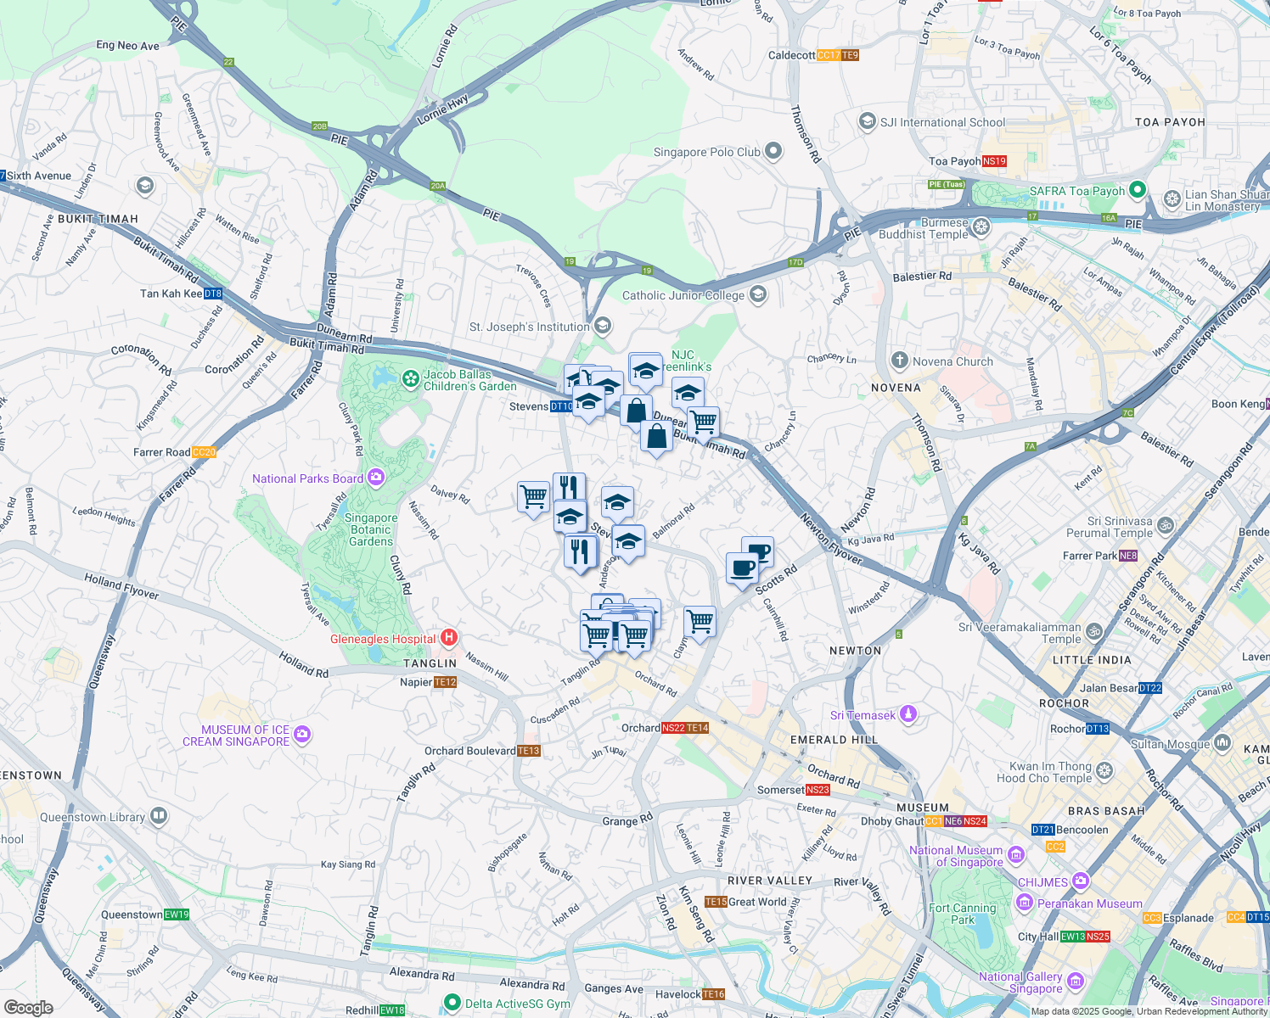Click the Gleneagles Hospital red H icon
click(450, 638)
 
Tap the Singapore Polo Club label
click(706, 153)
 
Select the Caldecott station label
click(791, 55)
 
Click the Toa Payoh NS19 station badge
click(994, 161)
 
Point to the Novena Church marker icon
click(899, 361)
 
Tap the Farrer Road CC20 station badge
click(204, 452)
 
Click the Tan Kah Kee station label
click(171, 294)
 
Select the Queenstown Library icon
click(158, 816)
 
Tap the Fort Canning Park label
click(963, 914)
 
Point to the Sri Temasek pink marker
click(908, 714)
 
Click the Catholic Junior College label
click(683, 295)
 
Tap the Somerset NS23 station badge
click(818, 790)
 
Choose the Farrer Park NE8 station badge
click(1128, 556)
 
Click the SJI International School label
click(942, 122)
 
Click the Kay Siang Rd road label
click(347, 864)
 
